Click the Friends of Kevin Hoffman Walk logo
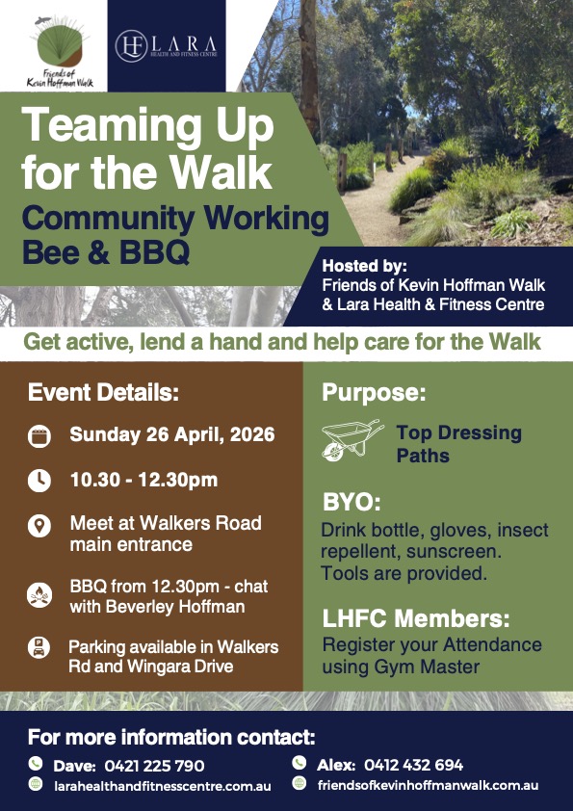tap(60, 51)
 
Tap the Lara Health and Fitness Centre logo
tap(166, 45)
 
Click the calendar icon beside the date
tap(39, 436)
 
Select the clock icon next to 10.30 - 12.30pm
tap(39, 481)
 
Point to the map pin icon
tap(39, 527)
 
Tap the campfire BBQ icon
tap(39, 595)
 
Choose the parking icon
tap(39, 647)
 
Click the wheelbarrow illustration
tap(352, 440)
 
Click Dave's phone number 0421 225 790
tap(155, 766)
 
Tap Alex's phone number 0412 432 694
tap(414, 765)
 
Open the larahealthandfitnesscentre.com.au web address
tap(163, 786)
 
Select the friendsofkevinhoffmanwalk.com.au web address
tap(429, 786)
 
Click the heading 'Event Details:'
tap(103, 393)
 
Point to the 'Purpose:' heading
tap(374, 393)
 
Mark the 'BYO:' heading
tap(352, 502)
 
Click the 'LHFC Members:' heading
tap(416, 618)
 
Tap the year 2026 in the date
tap(252, 434)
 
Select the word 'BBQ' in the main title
tap(155, 252)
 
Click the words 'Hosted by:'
tap(365, 266)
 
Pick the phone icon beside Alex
tap(299, 763)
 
